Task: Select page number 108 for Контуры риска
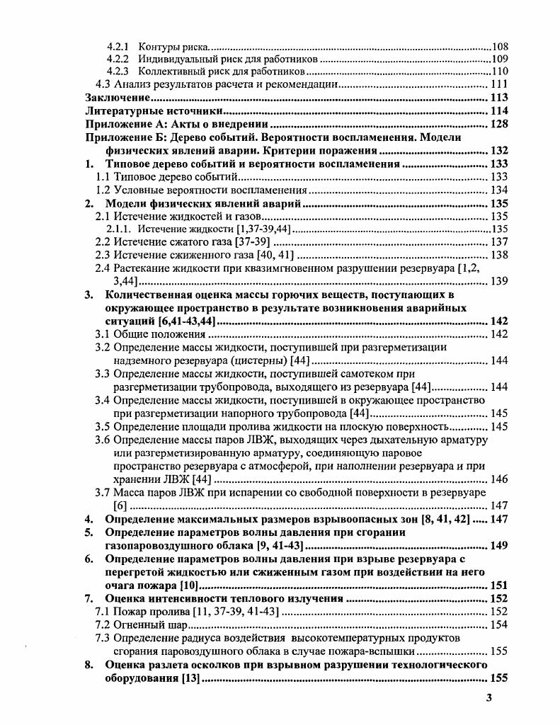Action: [501, 46]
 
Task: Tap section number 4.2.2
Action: [118, 59]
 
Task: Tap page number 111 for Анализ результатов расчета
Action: [500, 85]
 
